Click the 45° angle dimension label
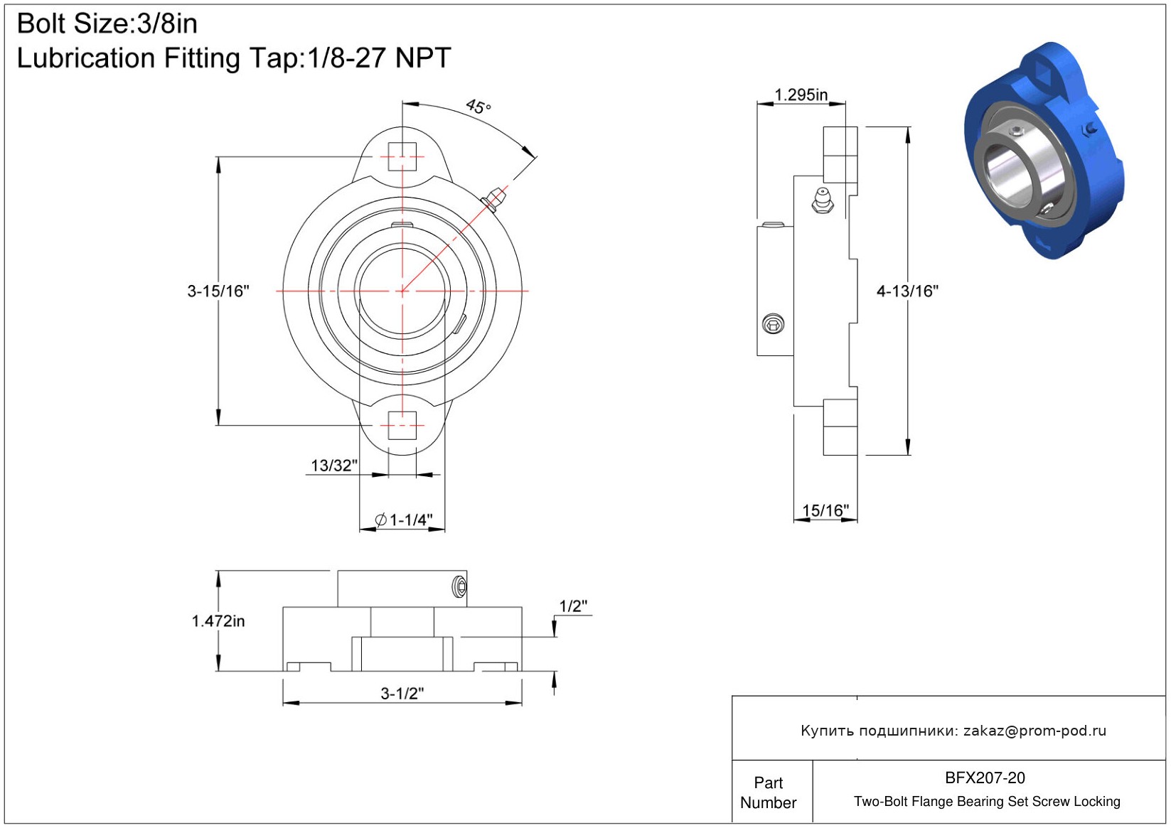(x=478, y=107)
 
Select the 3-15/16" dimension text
(x=218, y=291)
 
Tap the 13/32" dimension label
(x=334, y=466)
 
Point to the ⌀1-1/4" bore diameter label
(x=404, y=520)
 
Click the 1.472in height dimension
(x=218, y=621)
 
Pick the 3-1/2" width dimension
(x=402, y=694)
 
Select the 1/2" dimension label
(x=574, y=606)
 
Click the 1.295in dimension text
(x=801, y=95)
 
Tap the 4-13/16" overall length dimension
(x=907, y=291)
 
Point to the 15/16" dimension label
(x=825, y=510)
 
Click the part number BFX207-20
(x=985, y=778)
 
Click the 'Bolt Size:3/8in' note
(x=107, y=23)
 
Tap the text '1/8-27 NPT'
(x=379, y=58)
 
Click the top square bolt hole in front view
(x=402, y=156)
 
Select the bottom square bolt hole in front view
(x=402, y=426)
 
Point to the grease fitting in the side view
(x=823, y=200)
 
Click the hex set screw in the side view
(x=773, y=324)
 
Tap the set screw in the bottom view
(x=459, y=586)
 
